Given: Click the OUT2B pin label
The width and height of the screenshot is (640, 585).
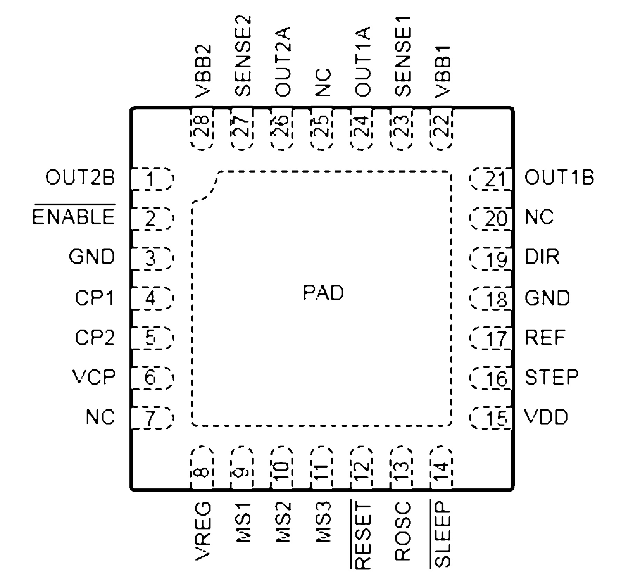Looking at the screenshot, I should point(80,178).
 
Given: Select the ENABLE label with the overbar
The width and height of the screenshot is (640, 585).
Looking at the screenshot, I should point(73,217).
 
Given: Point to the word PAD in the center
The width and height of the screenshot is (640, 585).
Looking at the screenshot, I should point(323,293).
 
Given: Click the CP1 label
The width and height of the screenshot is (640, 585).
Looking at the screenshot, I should point(95,298).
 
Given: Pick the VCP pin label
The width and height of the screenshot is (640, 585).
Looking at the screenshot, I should point(94,377).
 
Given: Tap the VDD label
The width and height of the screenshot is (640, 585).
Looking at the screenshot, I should point(546,417).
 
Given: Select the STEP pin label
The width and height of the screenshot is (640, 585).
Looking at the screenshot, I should point(551,377).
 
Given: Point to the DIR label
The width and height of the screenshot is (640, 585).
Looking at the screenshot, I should point(542,257).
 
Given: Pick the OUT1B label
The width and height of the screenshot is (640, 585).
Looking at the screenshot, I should point(559,178).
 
